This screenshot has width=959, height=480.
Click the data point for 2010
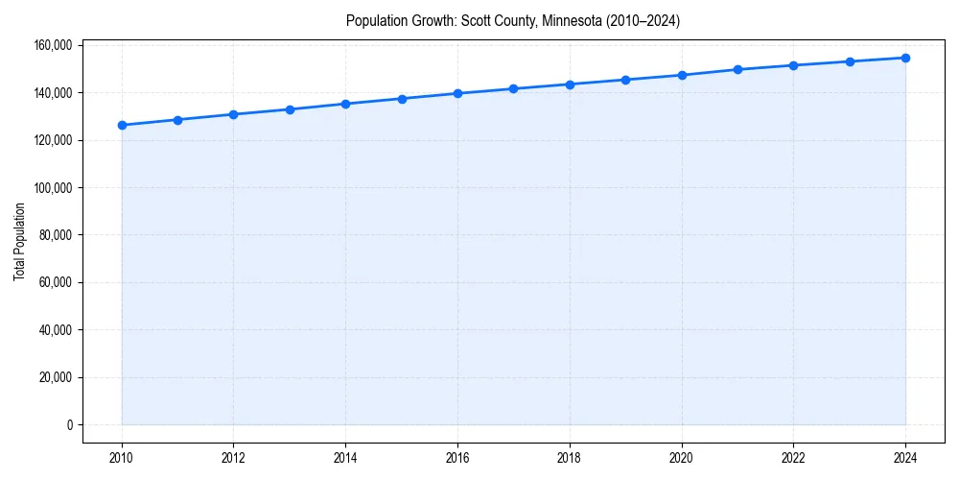(122, 125)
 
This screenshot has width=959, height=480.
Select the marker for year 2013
(290, 109)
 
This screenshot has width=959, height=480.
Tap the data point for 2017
(514, 88)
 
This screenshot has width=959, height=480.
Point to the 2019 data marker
(625, 80)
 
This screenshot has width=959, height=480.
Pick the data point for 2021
(737, 69)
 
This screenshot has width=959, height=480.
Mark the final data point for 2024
(905, 58)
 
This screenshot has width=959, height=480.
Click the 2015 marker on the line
(402, 99)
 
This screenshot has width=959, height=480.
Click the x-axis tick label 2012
(234, 458)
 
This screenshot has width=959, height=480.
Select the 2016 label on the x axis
(457, 458)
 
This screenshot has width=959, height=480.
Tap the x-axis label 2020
(682, 458)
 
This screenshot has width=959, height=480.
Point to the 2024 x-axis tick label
(905, 458)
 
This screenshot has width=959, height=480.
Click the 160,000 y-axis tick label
(54, 45)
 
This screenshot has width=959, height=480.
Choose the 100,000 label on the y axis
(54, 187)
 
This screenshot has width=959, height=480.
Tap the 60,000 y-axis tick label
(57, 282)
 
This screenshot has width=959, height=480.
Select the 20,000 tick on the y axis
(57, 377)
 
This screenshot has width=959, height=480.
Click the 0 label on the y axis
(69, 424)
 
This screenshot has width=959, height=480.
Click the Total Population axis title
(19, 242)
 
